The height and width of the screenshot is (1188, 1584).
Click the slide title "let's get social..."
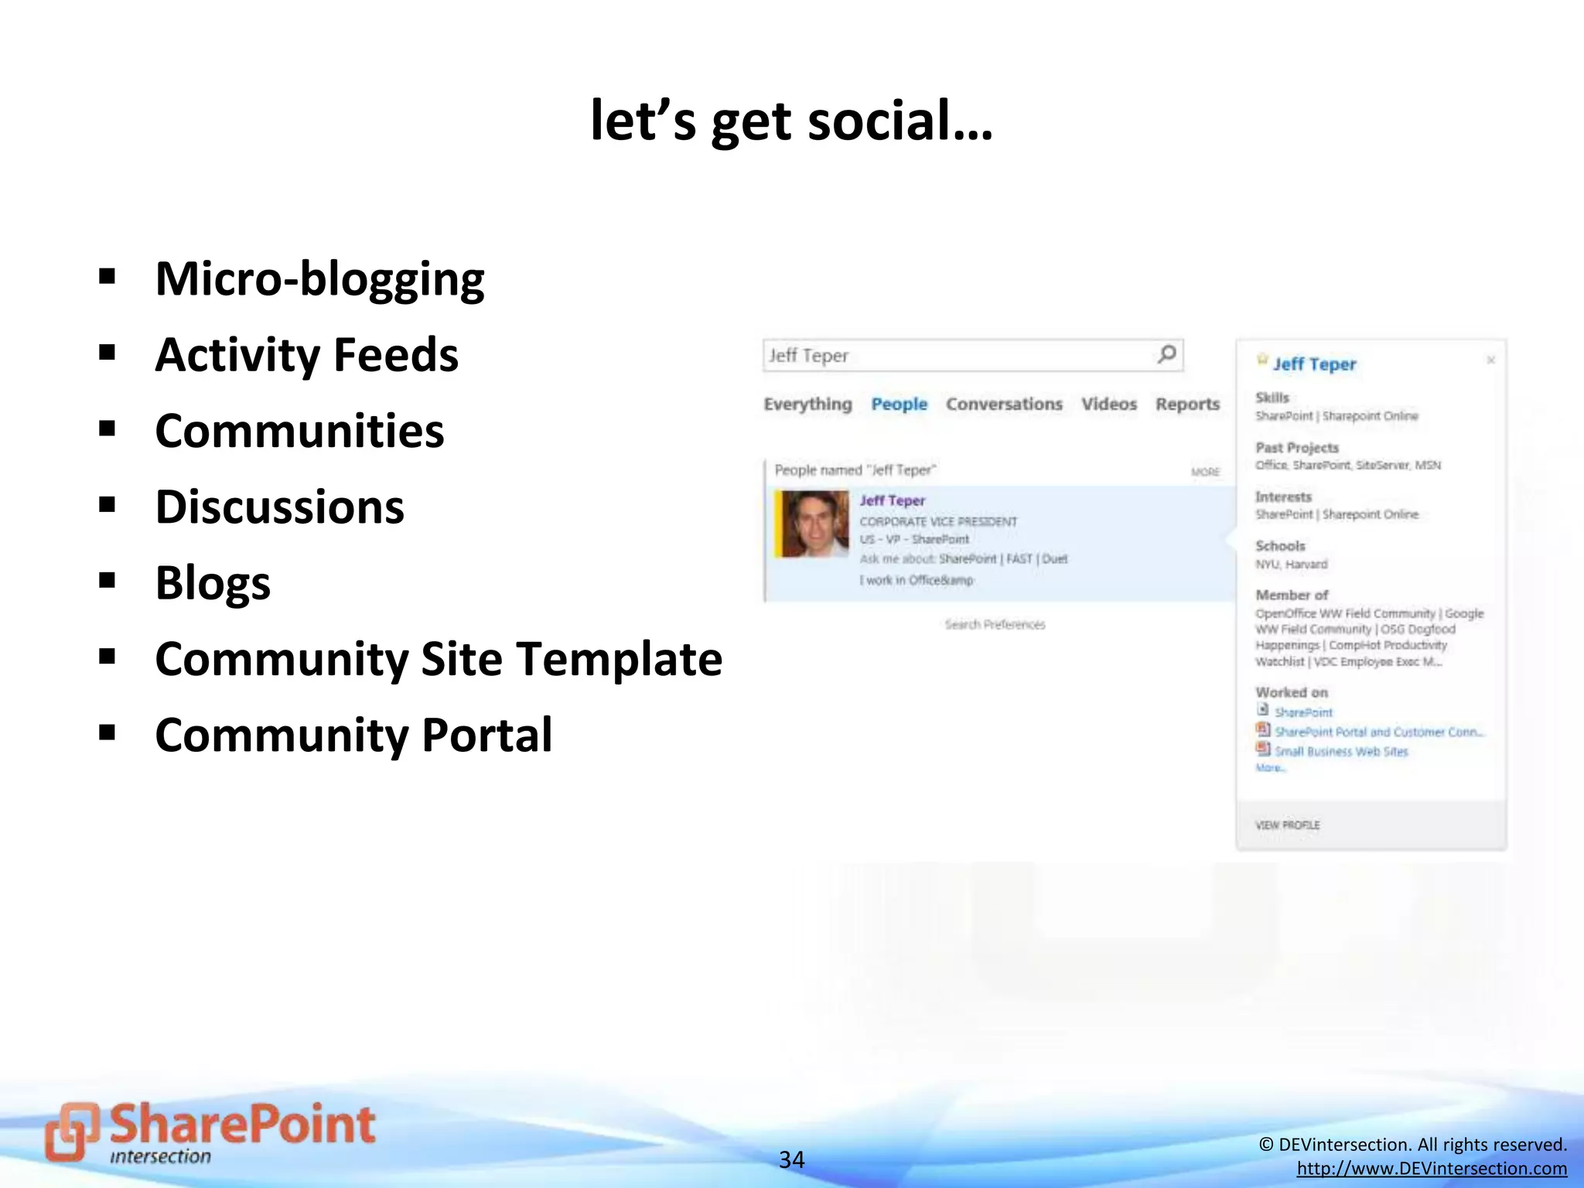791,121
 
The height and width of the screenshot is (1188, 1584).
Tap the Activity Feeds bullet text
306,355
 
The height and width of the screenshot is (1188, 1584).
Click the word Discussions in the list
279,507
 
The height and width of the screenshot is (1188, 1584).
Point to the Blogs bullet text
213,583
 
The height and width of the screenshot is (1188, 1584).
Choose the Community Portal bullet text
353,735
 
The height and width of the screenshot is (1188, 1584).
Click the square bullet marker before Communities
108,429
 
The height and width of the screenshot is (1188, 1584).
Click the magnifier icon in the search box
1166,354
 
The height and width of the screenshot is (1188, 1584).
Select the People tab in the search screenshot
899,404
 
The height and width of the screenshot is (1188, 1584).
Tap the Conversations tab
1004,404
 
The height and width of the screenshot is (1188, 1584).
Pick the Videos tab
1108,404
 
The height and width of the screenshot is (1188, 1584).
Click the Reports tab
1187,404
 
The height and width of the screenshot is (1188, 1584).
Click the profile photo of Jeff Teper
814,524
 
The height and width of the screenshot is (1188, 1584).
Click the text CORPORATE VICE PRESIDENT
938,521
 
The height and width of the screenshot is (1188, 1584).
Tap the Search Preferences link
995,624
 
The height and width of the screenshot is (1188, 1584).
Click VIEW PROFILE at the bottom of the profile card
1287,825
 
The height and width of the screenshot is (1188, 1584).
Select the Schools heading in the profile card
1280,546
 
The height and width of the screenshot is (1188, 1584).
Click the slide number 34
791,1159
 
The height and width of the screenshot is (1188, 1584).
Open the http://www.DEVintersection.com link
1432,1169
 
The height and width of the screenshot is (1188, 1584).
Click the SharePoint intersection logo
210,1133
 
